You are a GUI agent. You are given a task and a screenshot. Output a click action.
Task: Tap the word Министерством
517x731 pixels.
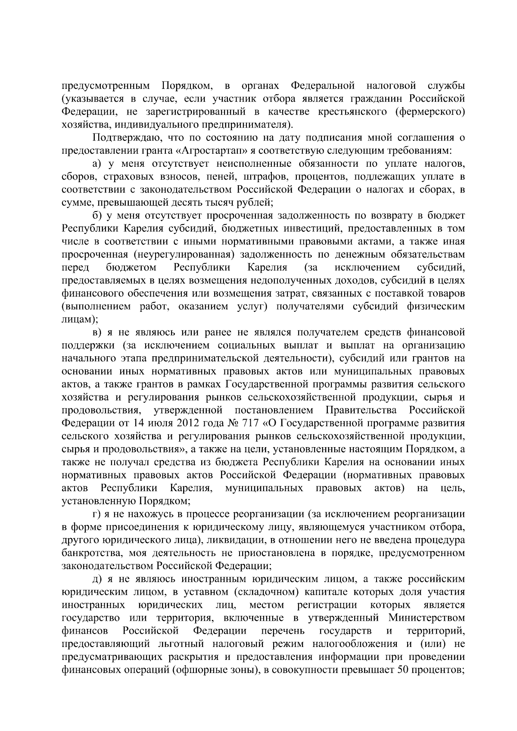[427, 617]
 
